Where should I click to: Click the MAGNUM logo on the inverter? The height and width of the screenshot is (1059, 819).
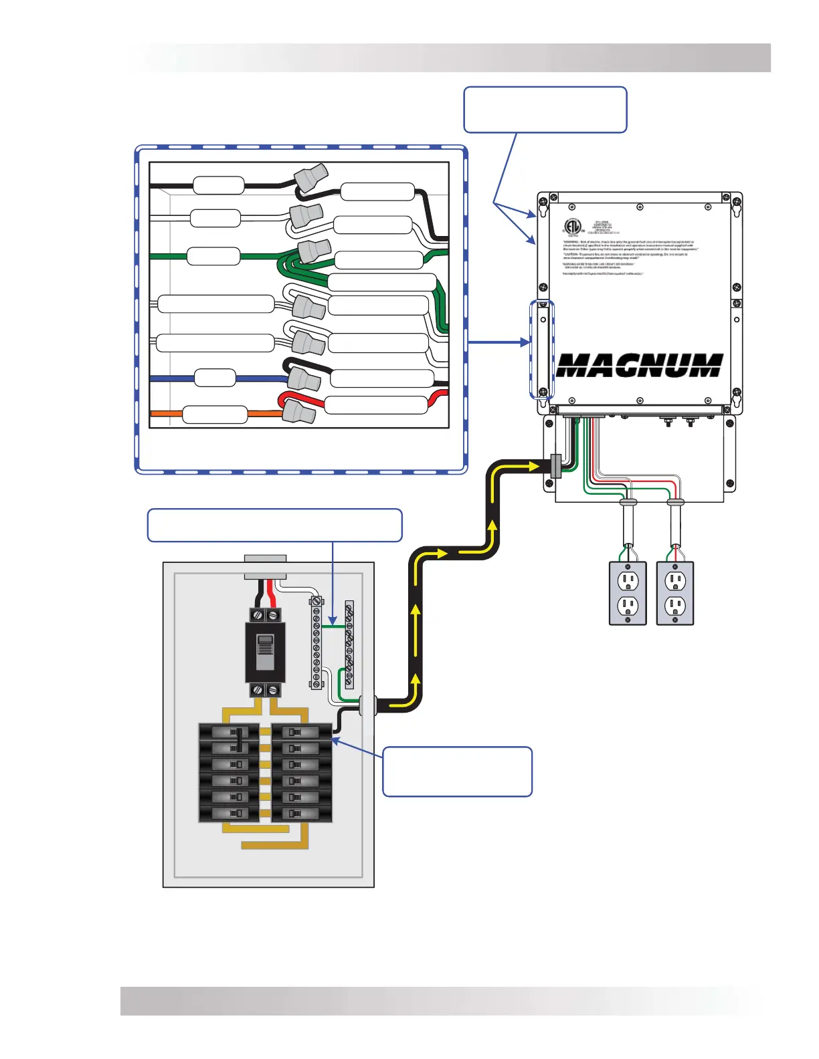(x=639, y=366)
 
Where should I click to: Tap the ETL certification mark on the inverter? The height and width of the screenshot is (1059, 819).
(x=573, y=227)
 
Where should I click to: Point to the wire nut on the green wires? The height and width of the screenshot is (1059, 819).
(x=313, y=251)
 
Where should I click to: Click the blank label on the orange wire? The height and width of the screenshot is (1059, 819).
(x=215, y=415)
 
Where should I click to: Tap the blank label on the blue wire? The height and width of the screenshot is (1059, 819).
(x=215, y=378)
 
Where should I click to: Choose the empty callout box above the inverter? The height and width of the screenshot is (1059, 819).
(x=545, y=110)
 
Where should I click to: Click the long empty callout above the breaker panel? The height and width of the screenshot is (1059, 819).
(x=274, y=525)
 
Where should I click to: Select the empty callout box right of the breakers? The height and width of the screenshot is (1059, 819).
(x=457, y=772)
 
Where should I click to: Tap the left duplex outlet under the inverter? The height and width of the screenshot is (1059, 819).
(x=628, y=593)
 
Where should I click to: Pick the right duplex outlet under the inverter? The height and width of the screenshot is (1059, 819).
(x=675, y=593)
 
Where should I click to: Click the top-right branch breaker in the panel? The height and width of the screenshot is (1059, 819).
(x=302, y=732)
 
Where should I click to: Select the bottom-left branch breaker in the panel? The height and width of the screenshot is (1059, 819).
(x=229, y=814)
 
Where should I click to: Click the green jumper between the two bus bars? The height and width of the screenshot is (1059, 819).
(x=333, y=626)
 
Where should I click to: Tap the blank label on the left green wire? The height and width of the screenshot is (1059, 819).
(x=213, y=257)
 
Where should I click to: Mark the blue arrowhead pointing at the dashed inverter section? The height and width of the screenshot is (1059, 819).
(x=525, y=342)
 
